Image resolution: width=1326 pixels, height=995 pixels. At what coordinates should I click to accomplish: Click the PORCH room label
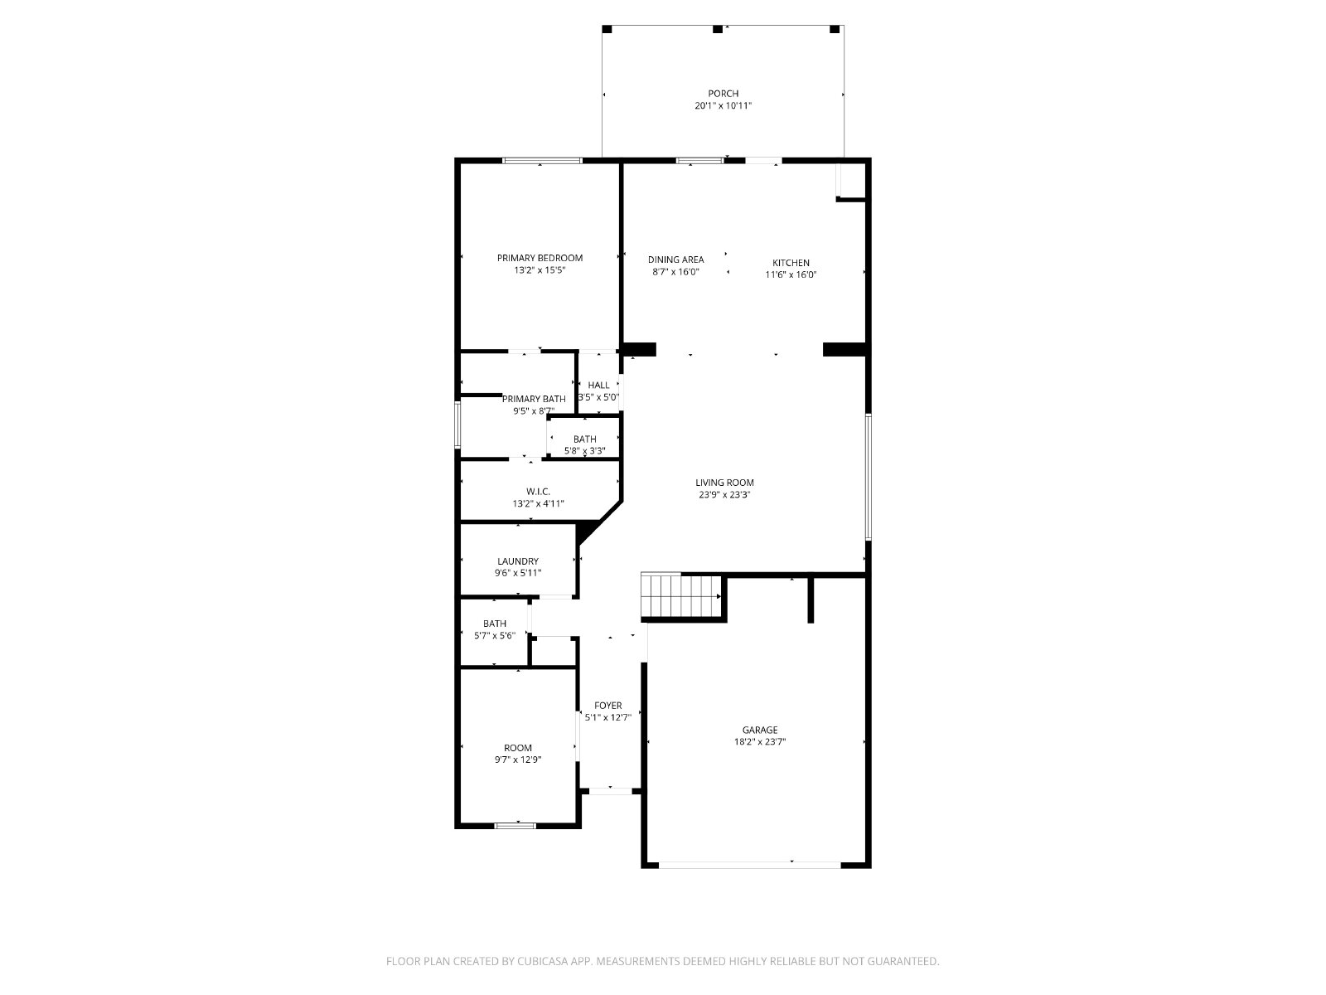(723, 94)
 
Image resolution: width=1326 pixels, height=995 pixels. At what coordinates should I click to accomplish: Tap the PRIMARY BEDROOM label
(540, 258)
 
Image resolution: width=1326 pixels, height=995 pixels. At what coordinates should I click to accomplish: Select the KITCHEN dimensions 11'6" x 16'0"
(790, 274)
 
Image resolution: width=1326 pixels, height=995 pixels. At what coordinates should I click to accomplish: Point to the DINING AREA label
(675, 260)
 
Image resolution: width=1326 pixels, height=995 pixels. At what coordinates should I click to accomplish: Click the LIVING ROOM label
(724, 483)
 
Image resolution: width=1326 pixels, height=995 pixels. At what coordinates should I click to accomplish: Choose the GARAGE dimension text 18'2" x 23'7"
(759, 742)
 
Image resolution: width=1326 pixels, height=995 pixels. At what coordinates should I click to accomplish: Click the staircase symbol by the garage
(681, 595)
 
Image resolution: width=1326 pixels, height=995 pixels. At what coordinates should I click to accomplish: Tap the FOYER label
(607, 706)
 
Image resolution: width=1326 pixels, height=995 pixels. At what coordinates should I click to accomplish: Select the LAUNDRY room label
(518, 561)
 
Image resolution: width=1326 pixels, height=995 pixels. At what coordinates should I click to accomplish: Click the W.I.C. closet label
(538, 492)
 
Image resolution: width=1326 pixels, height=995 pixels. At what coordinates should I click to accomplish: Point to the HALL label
(598, 386)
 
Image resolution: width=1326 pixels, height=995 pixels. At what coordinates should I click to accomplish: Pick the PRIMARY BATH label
(534, 399)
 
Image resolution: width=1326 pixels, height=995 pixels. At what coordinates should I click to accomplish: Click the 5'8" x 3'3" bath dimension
(584, 451)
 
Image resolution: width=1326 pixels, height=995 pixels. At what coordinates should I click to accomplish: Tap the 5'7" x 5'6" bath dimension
(494, 635)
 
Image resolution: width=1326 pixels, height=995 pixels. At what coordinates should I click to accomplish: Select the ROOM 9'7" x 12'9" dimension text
(518, 760)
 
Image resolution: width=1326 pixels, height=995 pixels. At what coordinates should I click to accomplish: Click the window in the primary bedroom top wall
(542, 161)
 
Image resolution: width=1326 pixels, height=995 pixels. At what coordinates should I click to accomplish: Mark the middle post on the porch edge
(718, 29)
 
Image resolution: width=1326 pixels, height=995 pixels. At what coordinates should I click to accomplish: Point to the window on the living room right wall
(868, 477)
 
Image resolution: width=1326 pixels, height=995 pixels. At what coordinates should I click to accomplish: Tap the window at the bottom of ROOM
(515, 826)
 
